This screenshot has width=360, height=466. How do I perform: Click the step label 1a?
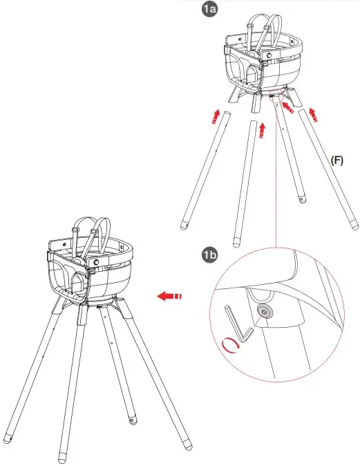(x=210, y=10)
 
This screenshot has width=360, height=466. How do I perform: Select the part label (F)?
(x=337, y=160)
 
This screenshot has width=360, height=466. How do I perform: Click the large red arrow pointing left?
(x=168, y=297)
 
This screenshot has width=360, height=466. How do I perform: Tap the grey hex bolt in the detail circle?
(x=264, y=313)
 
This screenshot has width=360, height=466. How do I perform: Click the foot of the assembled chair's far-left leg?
(x=7, y=438)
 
